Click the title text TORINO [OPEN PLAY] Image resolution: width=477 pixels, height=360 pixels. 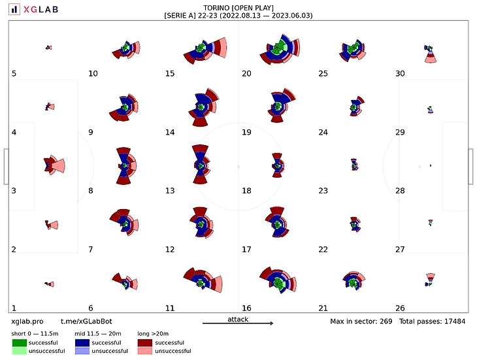238,8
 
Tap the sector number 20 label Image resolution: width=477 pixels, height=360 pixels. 246,74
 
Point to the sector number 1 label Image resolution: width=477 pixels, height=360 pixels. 14,308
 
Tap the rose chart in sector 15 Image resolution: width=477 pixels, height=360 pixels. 205,49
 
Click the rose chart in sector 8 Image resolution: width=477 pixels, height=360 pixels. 123,165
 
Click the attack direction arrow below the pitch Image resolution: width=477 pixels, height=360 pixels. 238,323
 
